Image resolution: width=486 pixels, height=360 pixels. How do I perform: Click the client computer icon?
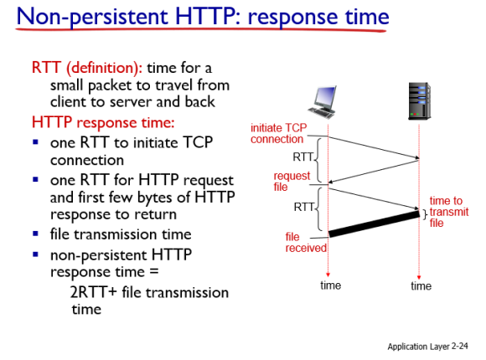[x=323, y=102]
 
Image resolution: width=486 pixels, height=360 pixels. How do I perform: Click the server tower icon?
[x=419, y=101]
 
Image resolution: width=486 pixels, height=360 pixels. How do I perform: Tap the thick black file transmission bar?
[x=374, y=224]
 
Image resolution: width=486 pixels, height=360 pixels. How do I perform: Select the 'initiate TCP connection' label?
[x=279, y=133]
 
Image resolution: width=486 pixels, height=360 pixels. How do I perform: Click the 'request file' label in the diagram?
[x=292, y=181]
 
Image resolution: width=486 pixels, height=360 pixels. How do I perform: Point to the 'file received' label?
[x=306, y=243]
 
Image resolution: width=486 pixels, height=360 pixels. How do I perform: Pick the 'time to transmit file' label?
[x=449, y=212]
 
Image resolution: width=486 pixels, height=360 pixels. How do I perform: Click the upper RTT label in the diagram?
[x=303, y=157]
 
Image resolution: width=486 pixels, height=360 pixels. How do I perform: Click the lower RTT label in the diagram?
[x=304, y=207]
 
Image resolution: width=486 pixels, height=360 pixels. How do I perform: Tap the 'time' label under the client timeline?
[x=330, y=285]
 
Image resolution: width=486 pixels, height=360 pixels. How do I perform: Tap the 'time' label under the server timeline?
[x=421, y=285]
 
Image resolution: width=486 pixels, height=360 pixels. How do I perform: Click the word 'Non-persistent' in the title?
[x=92, y=17]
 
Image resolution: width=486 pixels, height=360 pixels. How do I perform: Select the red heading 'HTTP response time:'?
[x=103, y=122]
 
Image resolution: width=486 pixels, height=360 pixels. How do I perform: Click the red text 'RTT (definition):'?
[x=87, y=68]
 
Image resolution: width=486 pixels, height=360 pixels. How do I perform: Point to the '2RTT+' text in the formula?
[x=93, y=292]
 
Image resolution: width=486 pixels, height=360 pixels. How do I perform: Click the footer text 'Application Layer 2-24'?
[x=427, y=347]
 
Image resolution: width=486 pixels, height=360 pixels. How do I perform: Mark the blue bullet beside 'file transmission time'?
[x=36, y=234]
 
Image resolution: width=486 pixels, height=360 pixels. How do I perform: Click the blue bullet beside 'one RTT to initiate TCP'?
[x=36, y=142]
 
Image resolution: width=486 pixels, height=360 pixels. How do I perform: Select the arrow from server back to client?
[x=374, y=171]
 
